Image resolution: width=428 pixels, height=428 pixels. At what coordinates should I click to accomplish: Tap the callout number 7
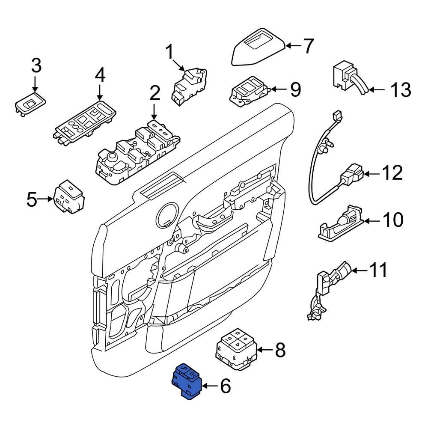coord(308,46)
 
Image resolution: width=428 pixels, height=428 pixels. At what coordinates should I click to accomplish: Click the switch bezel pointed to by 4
coord(86,120)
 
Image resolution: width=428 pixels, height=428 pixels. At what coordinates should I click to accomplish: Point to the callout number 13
coord(401,90)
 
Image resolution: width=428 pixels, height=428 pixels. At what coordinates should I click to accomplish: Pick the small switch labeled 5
coord(69,197)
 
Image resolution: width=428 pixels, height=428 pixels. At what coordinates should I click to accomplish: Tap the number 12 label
coord(392,173)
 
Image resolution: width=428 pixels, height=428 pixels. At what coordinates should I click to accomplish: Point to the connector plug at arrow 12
coord(352,175)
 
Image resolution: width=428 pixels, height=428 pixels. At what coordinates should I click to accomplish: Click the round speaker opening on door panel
coord(167,214)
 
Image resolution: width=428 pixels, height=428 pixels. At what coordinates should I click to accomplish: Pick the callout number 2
coord(155,93)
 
